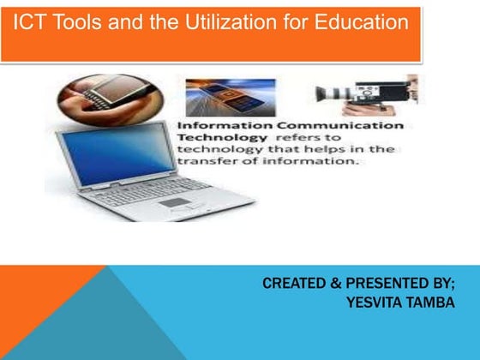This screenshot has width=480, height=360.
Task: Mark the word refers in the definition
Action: click(x=294, y=137)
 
